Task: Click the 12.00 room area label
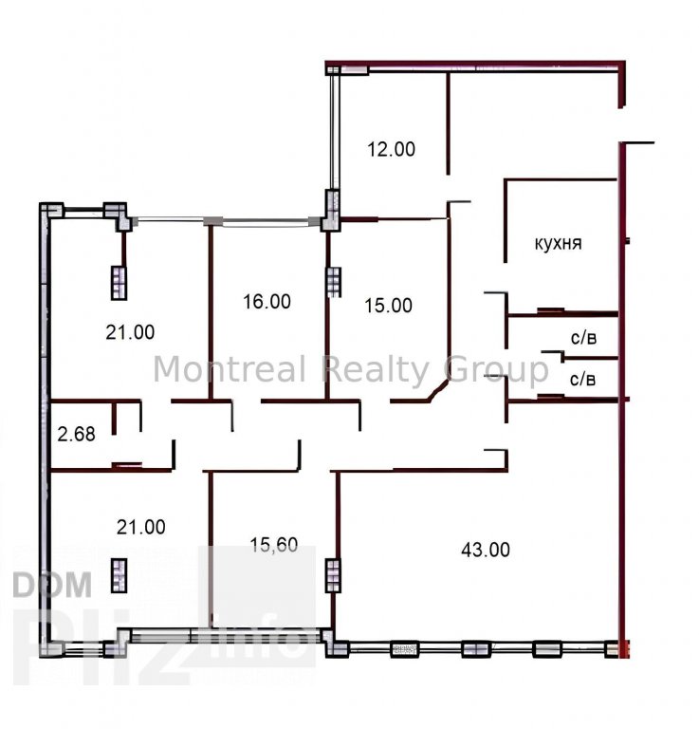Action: (391, 149)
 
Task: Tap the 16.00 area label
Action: (267, 302)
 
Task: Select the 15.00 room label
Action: (388, 306)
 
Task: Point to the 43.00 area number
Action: (486, 550)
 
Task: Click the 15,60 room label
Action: (274, 545)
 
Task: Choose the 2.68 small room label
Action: (76, 434)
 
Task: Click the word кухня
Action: (558, 244)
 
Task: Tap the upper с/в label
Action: (583, 338)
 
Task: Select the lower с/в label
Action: (582, 380)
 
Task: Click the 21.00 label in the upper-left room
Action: (130, 332)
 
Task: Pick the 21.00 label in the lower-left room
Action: (140, 527)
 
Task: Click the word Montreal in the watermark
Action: (230, 369)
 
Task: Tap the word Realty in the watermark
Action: (376, 370)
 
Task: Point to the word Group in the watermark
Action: (496, 370)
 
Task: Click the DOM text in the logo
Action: (52, 585)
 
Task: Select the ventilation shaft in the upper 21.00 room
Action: (119, 283)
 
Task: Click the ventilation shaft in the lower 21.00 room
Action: (120, 575)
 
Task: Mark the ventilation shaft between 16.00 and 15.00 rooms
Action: (334, 281)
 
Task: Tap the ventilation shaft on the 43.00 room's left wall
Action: (333, 575)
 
